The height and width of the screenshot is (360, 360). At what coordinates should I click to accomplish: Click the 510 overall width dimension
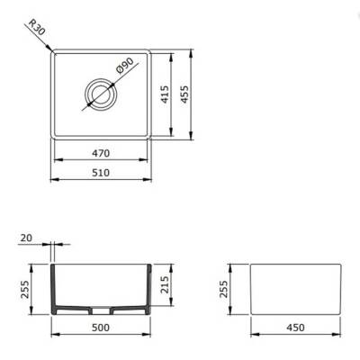tap(99, 173)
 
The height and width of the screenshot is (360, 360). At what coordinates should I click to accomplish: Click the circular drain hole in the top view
tap(99, 92)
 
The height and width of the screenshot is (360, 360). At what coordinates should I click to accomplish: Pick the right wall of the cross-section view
tap(144, 288)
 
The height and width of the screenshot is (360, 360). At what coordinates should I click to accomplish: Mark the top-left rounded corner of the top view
tap(54, 51)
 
